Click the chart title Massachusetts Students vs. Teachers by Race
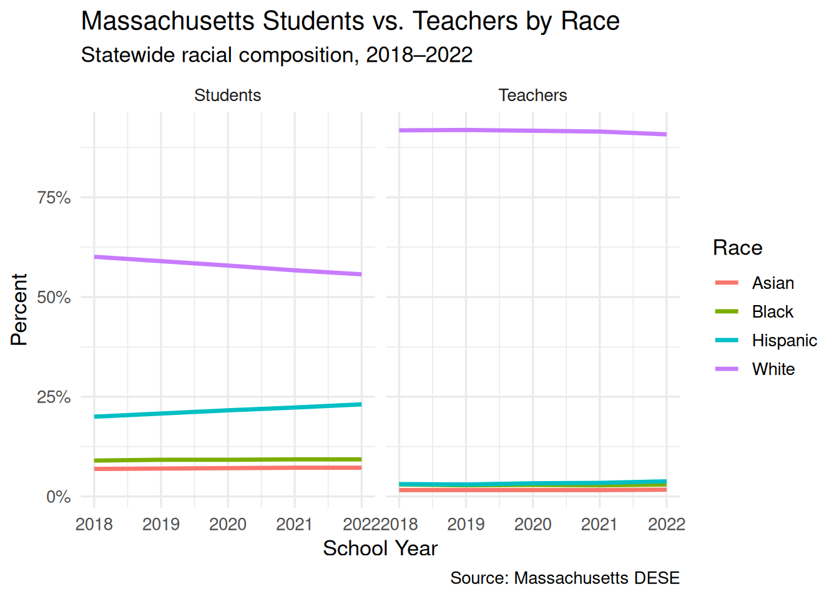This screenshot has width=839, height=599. [350, 21]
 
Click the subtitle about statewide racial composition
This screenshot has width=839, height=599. [277, 55]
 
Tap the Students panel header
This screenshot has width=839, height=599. [227, 95]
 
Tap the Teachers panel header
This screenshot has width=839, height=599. [532, 95]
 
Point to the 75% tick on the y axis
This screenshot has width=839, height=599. [54, 198]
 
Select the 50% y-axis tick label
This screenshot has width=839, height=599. [54, 297]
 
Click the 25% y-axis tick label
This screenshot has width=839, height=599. [54, 397]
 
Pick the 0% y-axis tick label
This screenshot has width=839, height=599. [59, 497]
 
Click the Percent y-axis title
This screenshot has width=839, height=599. [19, 309]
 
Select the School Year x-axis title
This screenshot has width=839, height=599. [380, 548]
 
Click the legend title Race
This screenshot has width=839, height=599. [737, 248]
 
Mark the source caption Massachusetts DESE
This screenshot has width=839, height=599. [564, 578]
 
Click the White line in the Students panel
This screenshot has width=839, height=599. [228, 266]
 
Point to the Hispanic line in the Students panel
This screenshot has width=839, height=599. [228, 410]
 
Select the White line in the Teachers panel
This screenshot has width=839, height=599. [532, 131]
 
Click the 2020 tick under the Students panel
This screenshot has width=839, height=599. [228, 524]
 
